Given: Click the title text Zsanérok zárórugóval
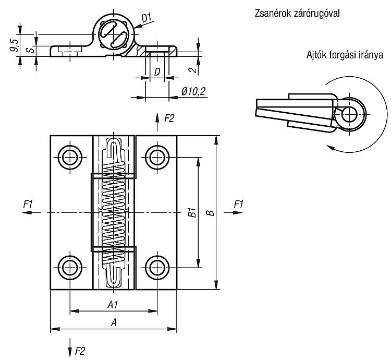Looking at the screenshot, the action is point(297,13).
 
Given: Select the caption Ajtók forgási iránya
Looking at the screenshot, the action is point(345,55).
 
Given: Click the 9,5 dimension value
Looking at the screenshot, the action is point(14,45).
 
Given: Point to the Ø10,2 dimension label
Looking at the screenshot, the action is point(193,91).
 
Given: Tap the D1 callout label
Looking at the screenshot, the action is point(146,18).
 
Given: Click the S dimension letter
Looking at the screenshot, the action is point(31,50).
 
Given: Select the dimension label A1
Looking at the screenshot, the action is point(113,305).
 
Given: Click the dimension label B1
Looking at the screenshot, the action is point(192,212).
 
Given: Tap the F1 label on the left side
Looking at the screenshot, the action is point(28,205).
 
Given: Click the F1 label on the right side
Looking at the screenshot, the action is point(238,205).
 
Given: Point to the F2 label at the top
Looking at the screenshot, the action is point(169,118).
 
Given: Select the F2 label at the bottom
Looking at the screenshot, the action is point(80,351).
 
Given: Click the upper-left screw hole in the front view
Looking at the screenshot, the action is point(70,157).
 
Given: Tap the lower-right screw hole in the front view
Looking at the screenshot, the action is point(157,268).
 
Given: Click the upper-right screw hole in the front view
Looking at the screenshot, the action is point(157,157).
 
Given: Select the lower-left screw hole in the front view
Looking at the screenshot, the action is point(70,268).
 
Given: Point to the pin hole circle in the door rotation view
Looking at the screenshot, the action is point(350,115).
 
